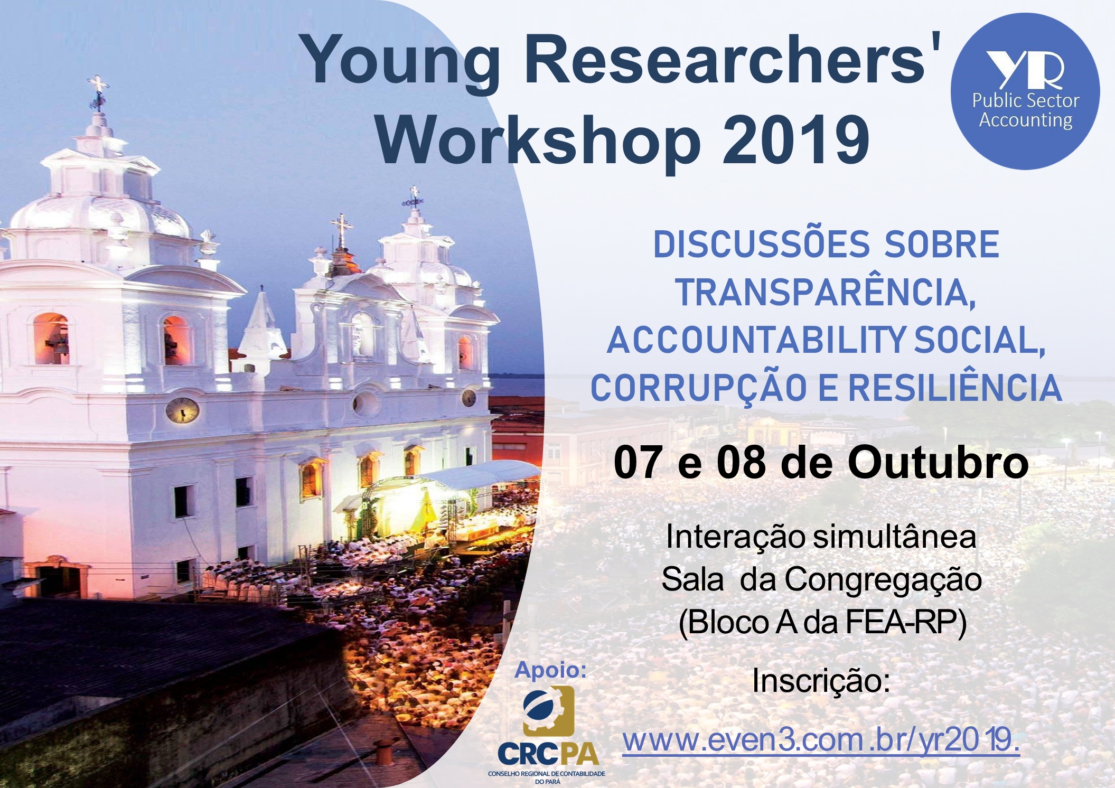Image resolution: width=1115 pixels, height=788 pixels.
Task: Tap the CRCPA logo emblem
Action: click(548, 711)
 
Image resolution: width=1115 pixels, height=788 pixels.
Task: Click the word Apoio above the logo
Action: click(551, 670)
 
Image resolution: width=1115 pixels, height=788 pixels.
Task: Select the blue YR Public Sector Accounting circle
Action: click(1025, 91)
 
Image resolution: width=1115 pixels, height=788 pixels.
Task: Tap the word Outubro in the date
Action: click(938, 463)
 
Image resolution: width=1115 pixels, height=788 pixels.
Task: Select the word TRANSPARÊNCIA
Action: click(825, 293)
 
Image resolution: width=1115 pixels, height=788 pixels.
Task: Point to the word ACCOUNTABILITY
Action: click(756, 340)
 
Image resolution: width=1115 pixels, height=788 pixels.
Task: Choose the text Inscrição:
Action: click(821, 681)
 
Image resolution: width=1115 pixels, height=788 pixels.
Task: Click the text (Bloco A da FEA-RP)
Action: click(822, 623)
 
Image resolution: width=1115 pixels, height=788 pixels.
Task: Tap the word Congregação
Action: click(883, 580)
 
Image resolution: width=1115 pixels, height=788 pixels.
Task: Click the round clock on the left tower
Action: click(182, 410)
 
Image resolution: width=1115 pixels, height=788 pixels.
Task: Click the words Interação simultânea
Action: click(821, 537)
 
